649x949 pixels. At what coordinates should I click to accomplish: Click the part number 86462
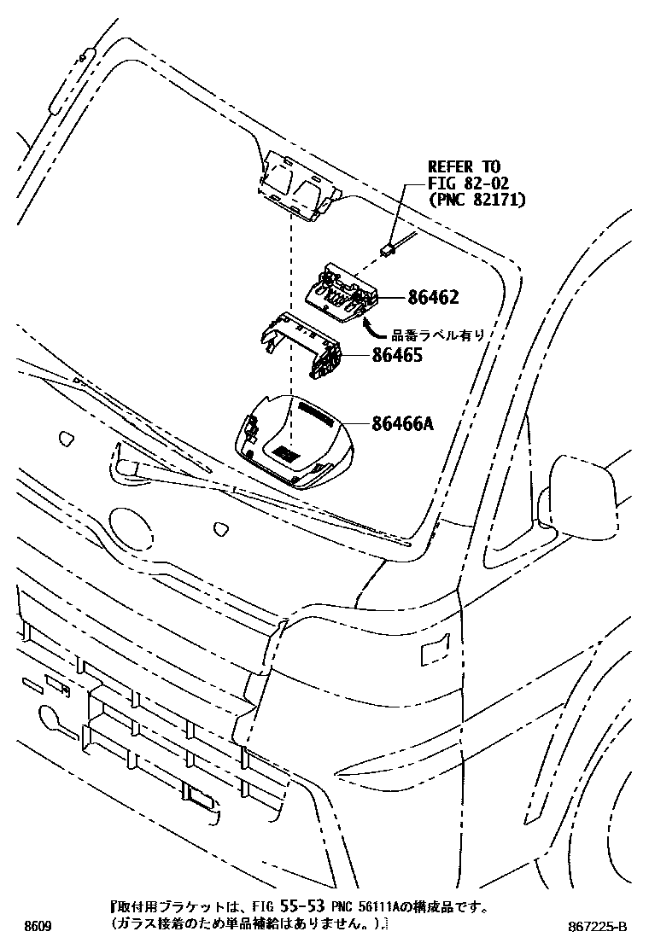(x=433, y=297)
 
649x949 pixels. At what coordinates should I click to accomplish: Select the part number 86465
(x=397, y=355)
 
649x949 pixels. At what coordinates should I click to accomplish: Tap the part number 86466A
(x=402, y=423)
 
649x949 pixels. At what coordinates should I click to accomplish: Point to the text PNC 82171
(x=477, y=199)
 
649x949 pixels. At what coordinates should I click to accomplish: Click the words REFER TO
(x=464, y=166)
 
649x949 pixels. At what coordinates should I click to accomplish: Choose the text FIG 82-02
(x=468, y=182)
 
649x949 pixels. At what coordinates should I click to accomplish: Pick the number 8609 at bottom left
(x=38, y=927)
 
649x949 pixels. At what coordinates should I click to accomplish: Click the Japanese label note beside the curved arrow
(x=438, y=334)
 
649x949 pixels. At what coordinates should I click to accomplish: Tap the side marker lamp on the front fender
(x=436, y=649)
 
